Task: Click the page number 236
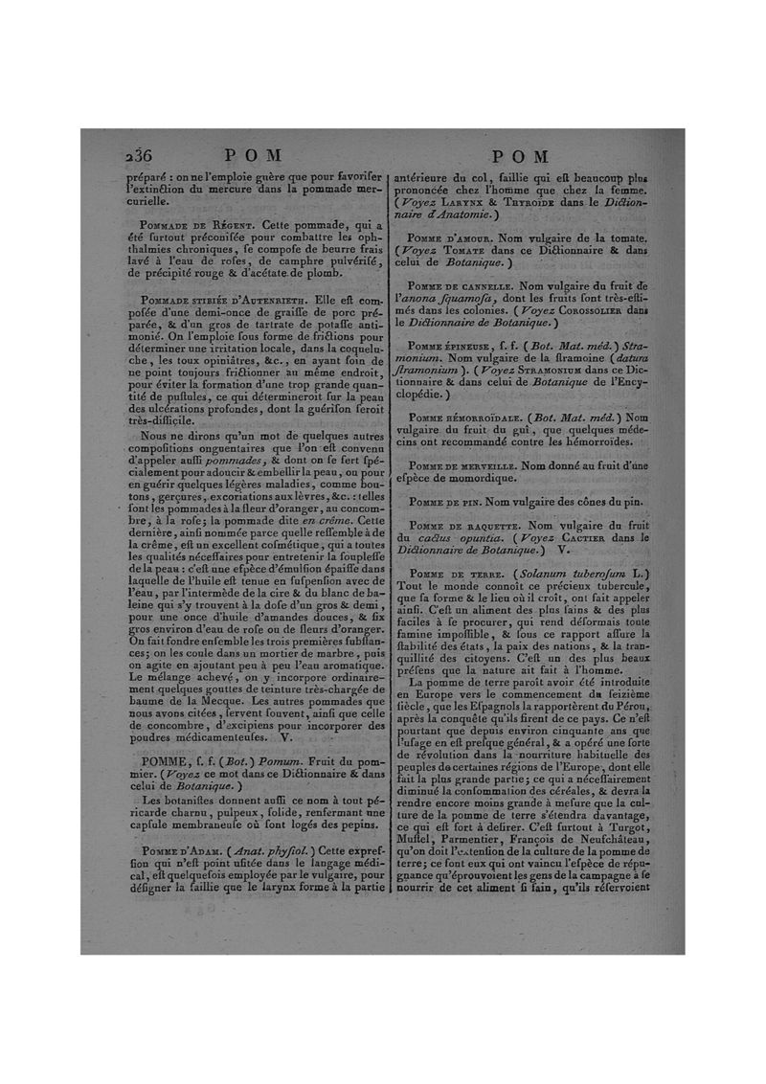(142, 156)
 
